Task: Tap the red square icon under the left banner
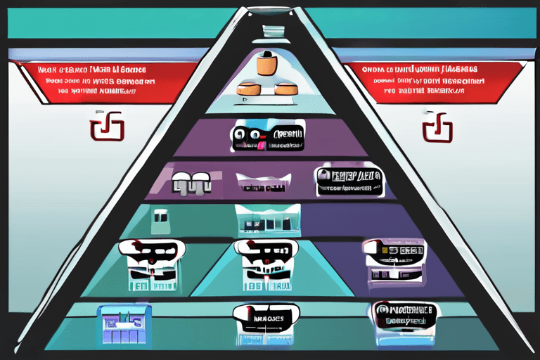(107, 129)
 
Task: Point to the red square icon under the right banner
(437, 128)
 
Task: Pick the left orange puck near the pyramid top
(250, 89)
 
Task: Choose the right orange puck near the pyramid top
(286, 89)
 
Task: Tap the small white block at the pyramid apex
(272, 31)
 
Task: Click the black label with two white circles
(267, 138)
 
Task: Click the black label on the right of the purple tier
(349, 180)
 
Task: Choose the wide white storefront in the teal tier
(267, 221)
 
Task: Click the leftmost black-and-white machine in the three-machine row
(151, 264)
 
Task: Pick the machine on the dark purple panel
(393, 262)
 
